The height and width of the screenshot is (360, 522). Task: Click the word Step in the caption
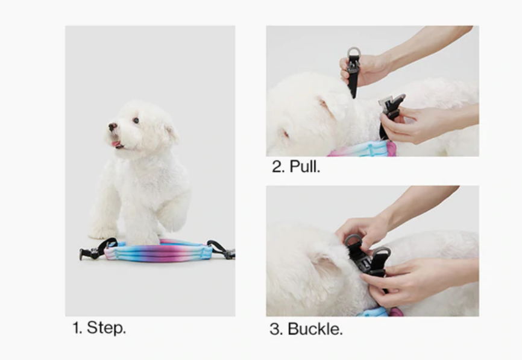click(106, 328)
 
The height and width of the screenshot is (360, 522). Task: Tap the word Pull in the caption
click(304, 166)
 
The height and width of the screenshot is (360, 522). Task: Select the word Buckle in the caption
click(315, 329)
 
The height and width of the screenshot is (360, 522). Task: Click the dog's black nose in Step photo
click(113, 127)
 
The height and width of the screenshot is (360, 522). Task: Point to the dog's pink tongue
click(116, 144)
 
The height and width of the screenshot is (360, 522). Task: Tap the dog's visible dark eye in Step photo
click(136, 120)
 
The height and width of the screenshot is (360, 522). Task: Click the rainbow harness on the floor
click(159, 251)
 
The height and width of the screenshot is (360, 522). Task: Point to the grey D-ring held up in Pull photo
click(354, 52)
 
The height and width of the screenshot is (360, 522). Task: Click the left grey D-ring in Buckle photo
click(352, 241)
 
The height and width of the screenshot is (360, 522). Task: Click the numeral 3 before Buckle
click(274, 329)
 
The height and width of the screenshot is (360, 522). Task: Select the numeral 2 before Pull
click(276, 166)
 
